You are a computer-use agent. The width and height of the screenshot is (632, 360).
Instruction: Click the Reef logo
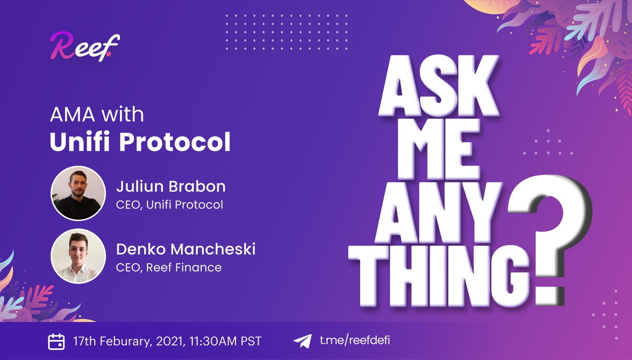coord(85,48)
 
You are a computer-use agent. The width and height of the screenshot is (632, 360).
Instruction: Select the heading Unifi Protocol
coord(140,142)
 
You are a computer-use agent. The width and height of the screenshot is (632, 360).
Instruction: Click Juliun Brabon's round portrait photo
coord(78,194)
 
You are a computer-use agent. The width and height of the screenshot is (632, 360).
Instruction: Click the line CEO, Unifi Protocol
coord(169,204)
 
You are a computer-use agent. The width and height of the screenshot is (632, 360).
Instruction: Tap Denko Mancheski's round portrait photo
coord(78,255)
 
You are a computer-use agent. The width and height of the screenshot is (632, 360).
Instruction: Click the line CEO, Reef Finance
coord(169,267)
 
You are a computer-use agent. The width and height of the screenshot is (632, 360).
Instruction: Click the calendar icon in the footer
coord(56,341)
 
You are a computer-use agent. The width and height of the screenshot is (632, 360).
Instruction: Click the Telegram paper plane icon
coord(303,341)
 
